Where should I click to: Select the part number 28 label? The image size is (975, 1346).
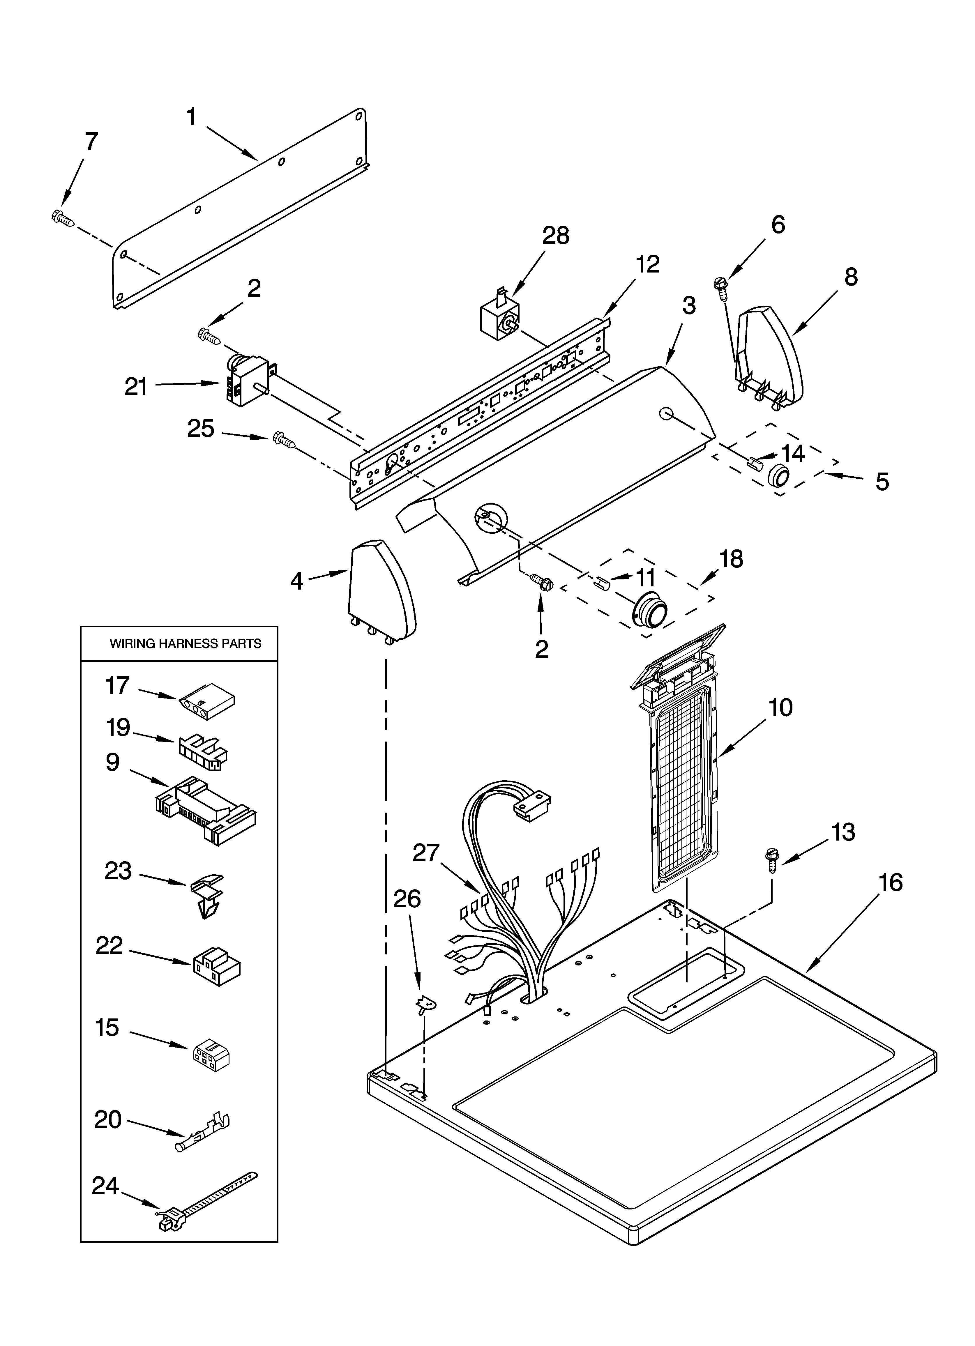tap(555, 236)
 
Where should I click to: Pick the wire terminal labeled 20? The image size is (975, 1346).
tap(203, 1132)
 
